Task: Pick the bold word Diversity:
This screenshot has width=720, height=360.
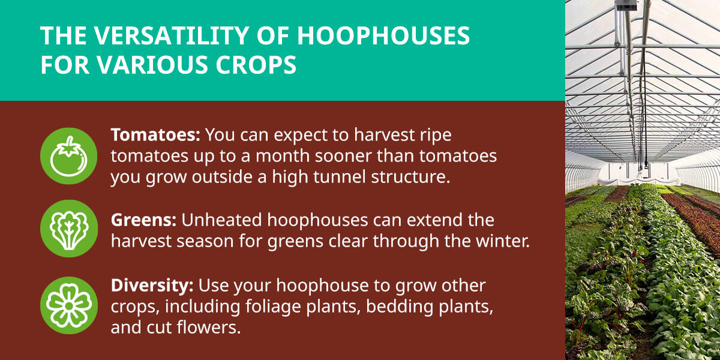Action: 151,284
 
